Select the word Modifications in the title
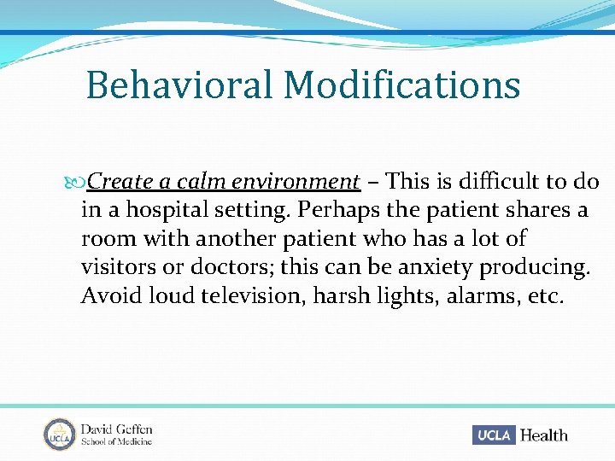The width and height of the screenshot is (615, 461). point(401,85)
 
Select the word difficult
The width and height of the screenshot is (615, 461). point(499,182)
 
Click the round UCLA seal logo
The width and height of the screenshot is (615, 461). point(59,434)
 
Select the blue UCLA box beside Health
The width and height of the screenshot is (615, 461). point(494,435)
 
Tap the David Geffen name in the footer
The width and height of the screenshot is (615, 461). point(117,428)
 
